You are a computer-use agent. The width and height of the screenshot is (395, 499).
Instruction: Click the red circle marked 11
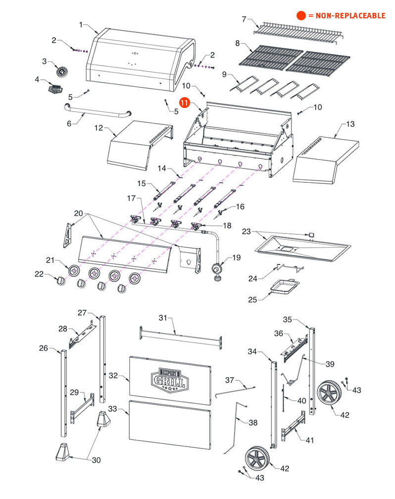(184, 103)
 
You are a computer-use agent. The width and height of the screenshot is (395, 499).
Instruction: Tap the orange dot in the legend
(301, 15)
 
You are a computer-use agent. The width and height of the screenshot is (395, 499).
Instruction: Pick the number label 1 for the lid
(81, 24)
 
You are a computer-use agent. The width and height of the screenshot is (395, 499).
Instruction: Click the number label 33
(113, 409)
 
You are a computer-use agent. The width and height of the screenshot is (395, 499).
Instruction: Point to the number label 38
(253, 423)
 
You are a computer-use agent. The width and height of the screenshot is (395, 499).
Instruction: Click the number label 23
(247, 231)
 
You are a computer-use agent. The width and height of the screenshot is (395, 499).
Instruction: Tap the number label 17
(131, 198)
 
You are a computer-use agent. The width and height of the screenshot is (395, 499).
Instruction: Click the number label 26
(44, 348)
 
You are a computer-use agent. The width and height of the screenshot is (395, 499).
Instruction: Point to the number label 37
(229, 380)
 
